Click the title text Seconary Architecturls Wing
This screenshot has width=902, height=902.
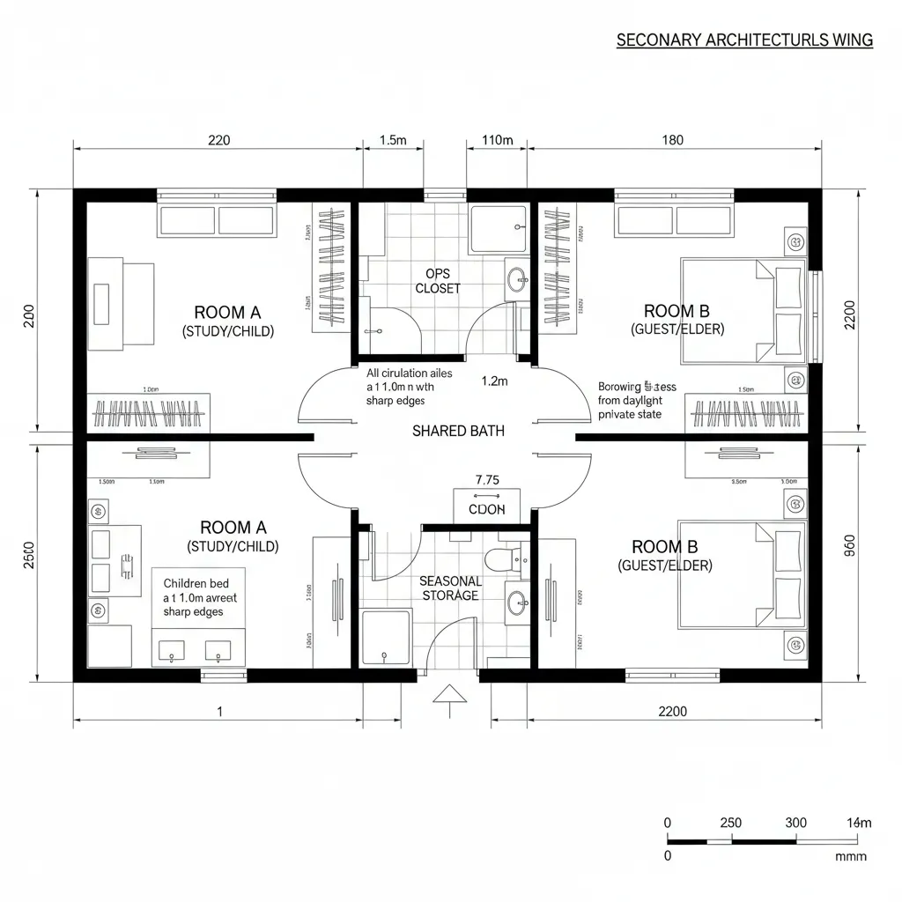[744, 40]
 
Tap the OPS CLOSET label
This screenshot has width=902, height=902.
[438, 281]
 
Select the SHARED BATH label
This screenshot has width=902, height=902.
[458, 431]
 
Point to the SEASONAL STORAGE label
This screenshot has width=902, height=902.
[450, 588]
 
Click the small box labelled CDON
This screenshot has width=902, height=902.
[486, 508]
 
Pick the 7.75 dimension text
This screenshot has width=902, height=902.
[487, 480]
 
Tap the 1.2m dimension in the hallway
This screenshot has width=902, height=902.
[495, 381]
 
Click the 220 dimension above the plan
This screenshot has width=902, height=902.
[218, 139]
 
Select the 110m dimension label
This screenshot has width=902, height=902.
[497, 139]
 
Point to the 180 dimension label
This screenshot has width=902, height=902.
[671, 139]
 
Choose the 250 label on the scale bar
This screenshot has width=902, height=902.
[730, 823]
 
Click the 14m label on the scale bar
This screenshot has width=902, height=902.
[859, 823]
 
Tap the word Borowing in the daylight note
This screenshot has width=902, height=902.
[619, 386]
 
